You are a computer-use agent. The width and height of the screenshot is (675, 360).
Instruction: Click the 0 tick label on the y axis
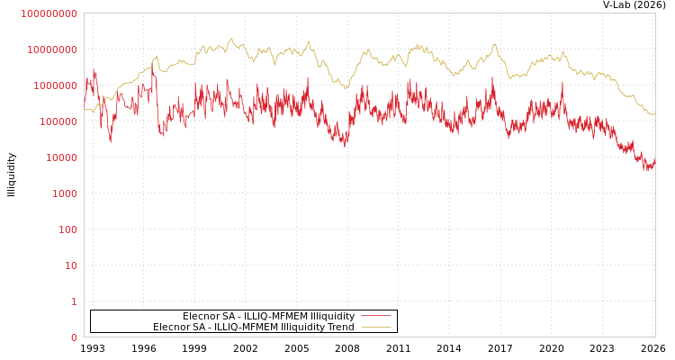coord(74,337)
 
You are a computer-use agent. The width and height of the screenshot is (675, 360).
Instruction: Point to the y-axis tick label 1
coord(74,301)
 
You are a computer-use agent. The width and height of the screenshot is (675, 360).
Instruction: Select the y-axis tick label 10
coord(71,265)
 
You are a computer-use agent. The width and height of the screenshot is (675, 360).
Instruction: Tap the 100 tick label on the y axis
coord(68,229)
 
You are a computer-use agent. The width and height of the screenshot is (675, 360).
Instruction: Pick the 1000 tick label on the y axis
coord(66,193)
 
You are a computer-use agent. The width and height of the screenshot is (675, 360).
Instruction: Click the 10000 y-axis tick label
coord(63,157)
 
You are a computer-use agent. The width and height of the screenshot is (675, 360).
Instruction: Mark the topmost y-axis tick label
coord(49,13)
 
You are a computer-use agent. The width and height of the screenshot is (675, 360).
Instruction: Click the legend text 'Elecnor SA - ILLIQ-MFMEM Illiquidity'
coord(268,316)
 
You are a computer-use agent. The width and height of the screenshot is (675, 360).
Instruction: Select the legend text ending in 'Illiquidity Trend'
coord(254,327)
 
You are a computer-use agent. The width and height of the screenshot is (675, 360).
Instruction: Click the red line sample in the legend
coord(375,316)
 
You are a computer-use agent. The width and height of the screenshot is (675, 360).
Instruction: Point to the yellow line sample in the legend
coord(375,327)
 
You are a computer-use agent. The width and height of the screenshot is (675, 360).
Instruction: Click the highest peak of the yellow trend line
coord(231,39)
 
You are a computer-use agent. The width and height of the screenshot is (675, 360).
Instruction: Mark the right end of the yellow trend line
coord(654,114)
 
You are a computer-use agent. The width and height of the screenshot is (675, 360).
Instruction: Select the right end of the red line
coord(654,161)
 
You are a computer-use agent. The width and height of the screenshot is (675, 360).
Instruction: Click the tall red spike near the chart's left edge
coord(94,68)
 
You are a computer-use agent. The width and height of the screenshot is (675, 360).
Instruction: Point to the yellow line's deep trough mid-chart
coord(346,87)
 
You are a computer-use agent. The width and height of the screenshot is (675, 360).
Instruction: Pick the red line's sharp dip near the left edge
coord(111,141)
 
